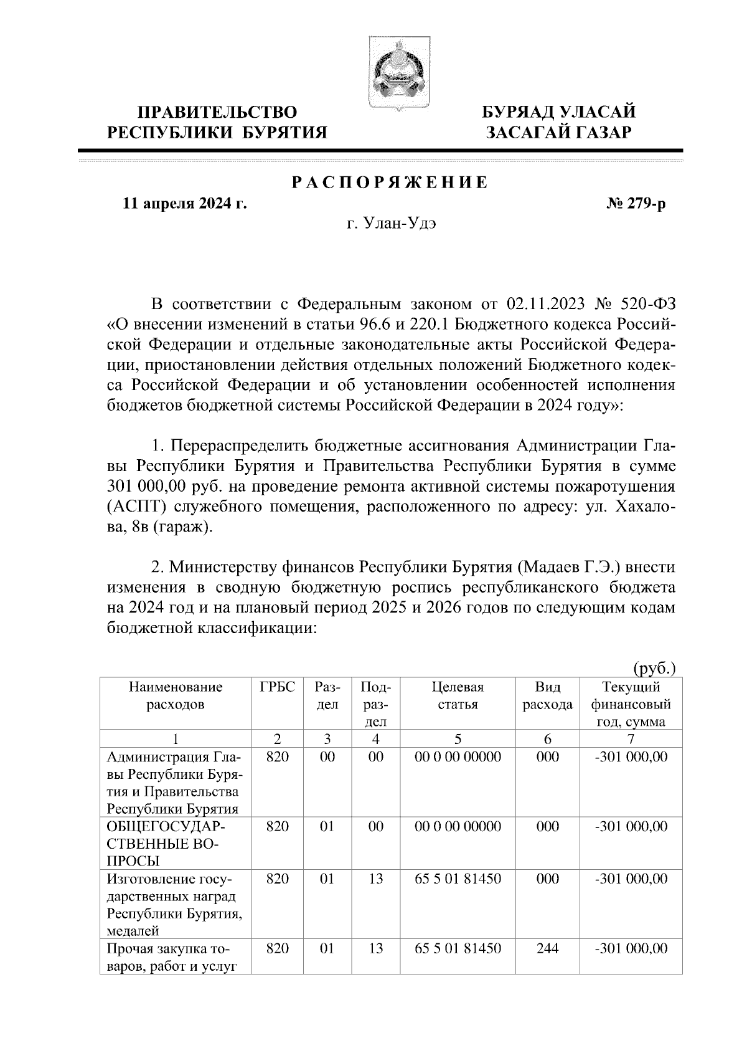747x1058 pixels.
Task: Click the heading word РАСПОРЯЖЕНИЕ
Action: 390,183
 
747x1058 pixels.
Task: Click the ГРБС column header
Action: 277,687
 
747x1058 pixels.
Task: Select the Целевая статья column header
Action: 458,696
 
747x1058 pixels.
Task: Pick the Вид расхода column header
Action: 547,696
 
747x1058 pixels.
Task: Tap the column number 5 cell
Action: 458,739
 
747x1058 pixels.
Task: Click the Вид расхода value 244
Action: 547,948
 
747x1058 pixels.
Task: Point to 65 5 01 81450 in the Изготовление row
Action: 458,879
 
